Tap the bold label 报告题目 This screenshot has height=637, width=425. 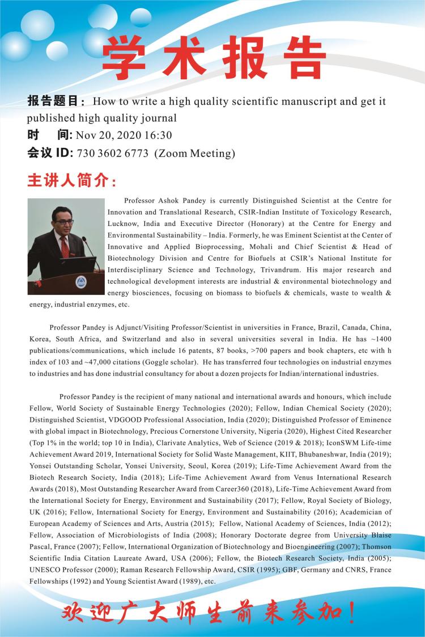pyautogui.click(x=55, y=102)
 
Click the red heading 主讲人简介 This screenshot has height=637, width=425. pyautogui.click(x=72, y=182)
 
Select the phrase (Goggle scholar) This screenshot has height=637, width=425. pyautogui.click(x=163, y=362)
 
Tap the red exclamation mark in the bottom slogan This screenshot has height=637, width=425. pyautogui.click(x=352, y=614)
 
